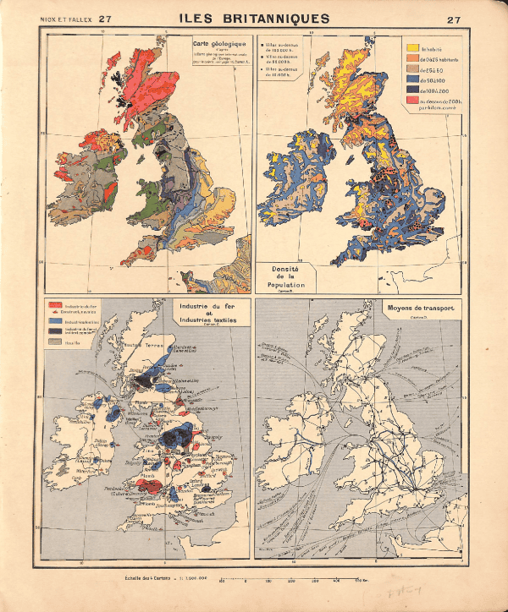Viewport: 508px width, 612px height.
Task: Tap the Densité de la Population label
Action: pyautogui.click(x=287, y=276)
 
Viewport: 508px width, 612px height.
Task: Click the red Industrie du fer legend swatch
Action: pyautogui.click(x=54, y=303)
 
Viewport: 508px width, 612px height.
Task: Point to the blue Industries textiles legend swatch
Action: pyautogui.click(x=54, y=322)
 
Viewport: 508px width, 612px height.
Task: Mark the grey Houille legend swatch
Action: pyautogui.click(x=54, y=344)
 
